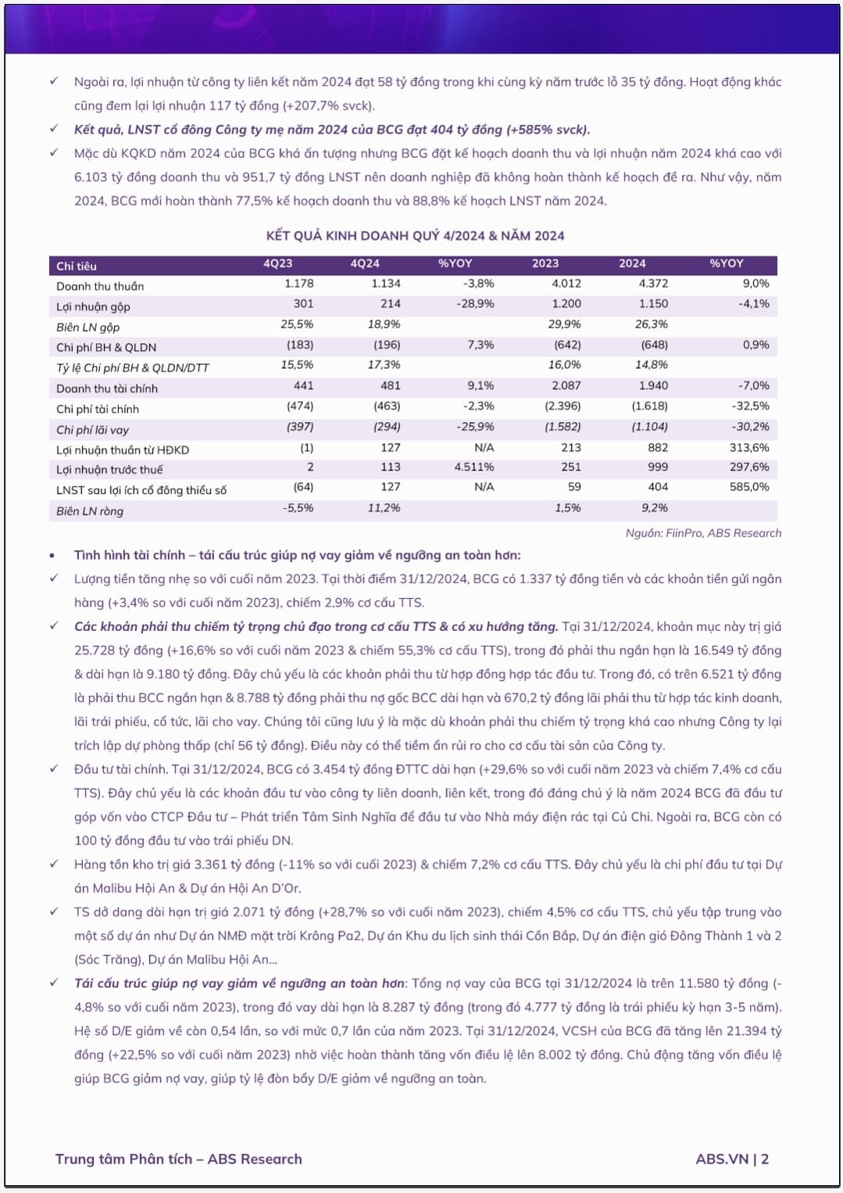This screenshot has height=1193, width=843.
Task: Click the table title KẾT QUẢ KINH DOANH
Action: pyautogui.click(x=415, y=235)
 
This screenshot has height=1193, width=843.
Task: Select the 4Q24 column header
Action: pyautogui.click(x=365, y=264)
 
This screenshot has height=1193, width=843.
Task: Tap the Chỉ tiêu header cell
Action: pyautogui.click(x=77, y=266)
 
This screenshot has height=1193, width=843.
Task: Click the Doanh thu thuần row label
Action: pyautogui.click(x=100, y=286)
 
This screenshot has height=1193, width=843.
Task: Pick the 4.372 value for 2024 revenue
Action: pyautogui.click(x=653, y=284)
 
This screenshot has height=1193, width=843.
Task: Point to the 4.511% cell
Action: pyautogui.click(x=474, y=467)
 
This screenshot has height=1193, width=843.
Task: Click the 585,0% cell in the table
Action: pyautogui.click(x=749, y=486)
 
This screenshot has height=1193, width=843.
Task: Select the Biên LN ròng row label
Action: pyautogui.click(x=90, y=511)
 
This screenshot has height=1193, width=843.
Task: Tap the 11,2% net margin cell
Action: pyautogui.click(x=384, y=507)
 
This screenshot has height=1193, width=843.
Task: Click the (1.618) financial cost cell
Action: pyautogui.click(x=649, y=406)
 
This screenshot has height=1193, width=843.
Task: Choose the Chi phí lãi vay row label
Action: pyautogui.click(x=92, y=430)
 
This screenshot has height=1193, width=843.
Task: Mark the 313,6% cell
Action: pyautogui.click(x=749, y=447)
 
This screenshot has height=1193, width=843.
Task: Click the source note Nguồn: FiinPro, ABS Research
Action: pyautogui.click(x=703, y=533)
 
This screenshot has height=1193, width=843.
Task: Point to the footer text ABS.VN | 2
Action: pyautogui.click(x=732, y=1159)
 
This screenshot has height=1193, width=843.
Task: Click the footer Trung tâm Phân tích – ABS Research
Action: pyautogui.click(x=178, y=1159)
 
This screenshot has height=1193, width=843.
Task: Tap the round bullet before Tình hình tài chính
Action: pyautogui.click(x=52, y=556)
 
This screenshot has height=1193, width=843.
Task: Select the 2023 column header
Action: pyautogui.click(x=545, y=264)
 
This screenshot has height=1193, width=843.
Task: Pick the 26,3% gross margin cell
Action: pyautogui.click(x=652, y=324)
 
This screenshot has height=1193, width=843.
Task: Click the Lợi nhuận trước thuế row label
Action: pyautogui.click(x=109, y=470)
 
